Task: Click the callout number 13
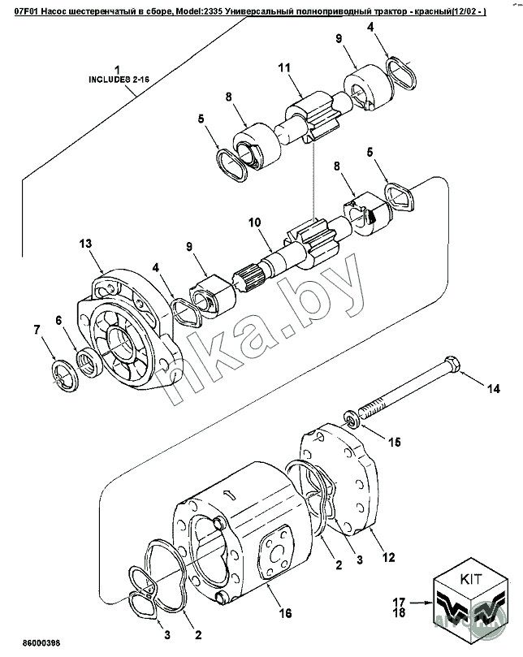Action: coord(85,244)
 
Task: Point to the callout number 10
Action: coord(255,223)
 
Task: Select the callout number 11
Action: coord(284,67)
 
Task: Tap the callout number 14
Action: coord(494,389)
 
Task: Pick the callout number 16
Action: coord(285,613)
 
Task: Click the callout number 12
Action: coord(389,557)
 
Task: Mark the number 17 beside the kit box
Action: coord(400,602)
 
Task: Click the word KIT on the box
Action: coord(471,581)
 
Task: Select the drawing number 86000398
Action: coord(41,642)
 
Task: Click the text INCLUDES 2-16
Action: coord(119,80)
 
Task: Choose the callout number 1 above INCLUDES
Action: coord(117,70)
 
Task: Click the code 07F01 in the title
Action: coord(28,12)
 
